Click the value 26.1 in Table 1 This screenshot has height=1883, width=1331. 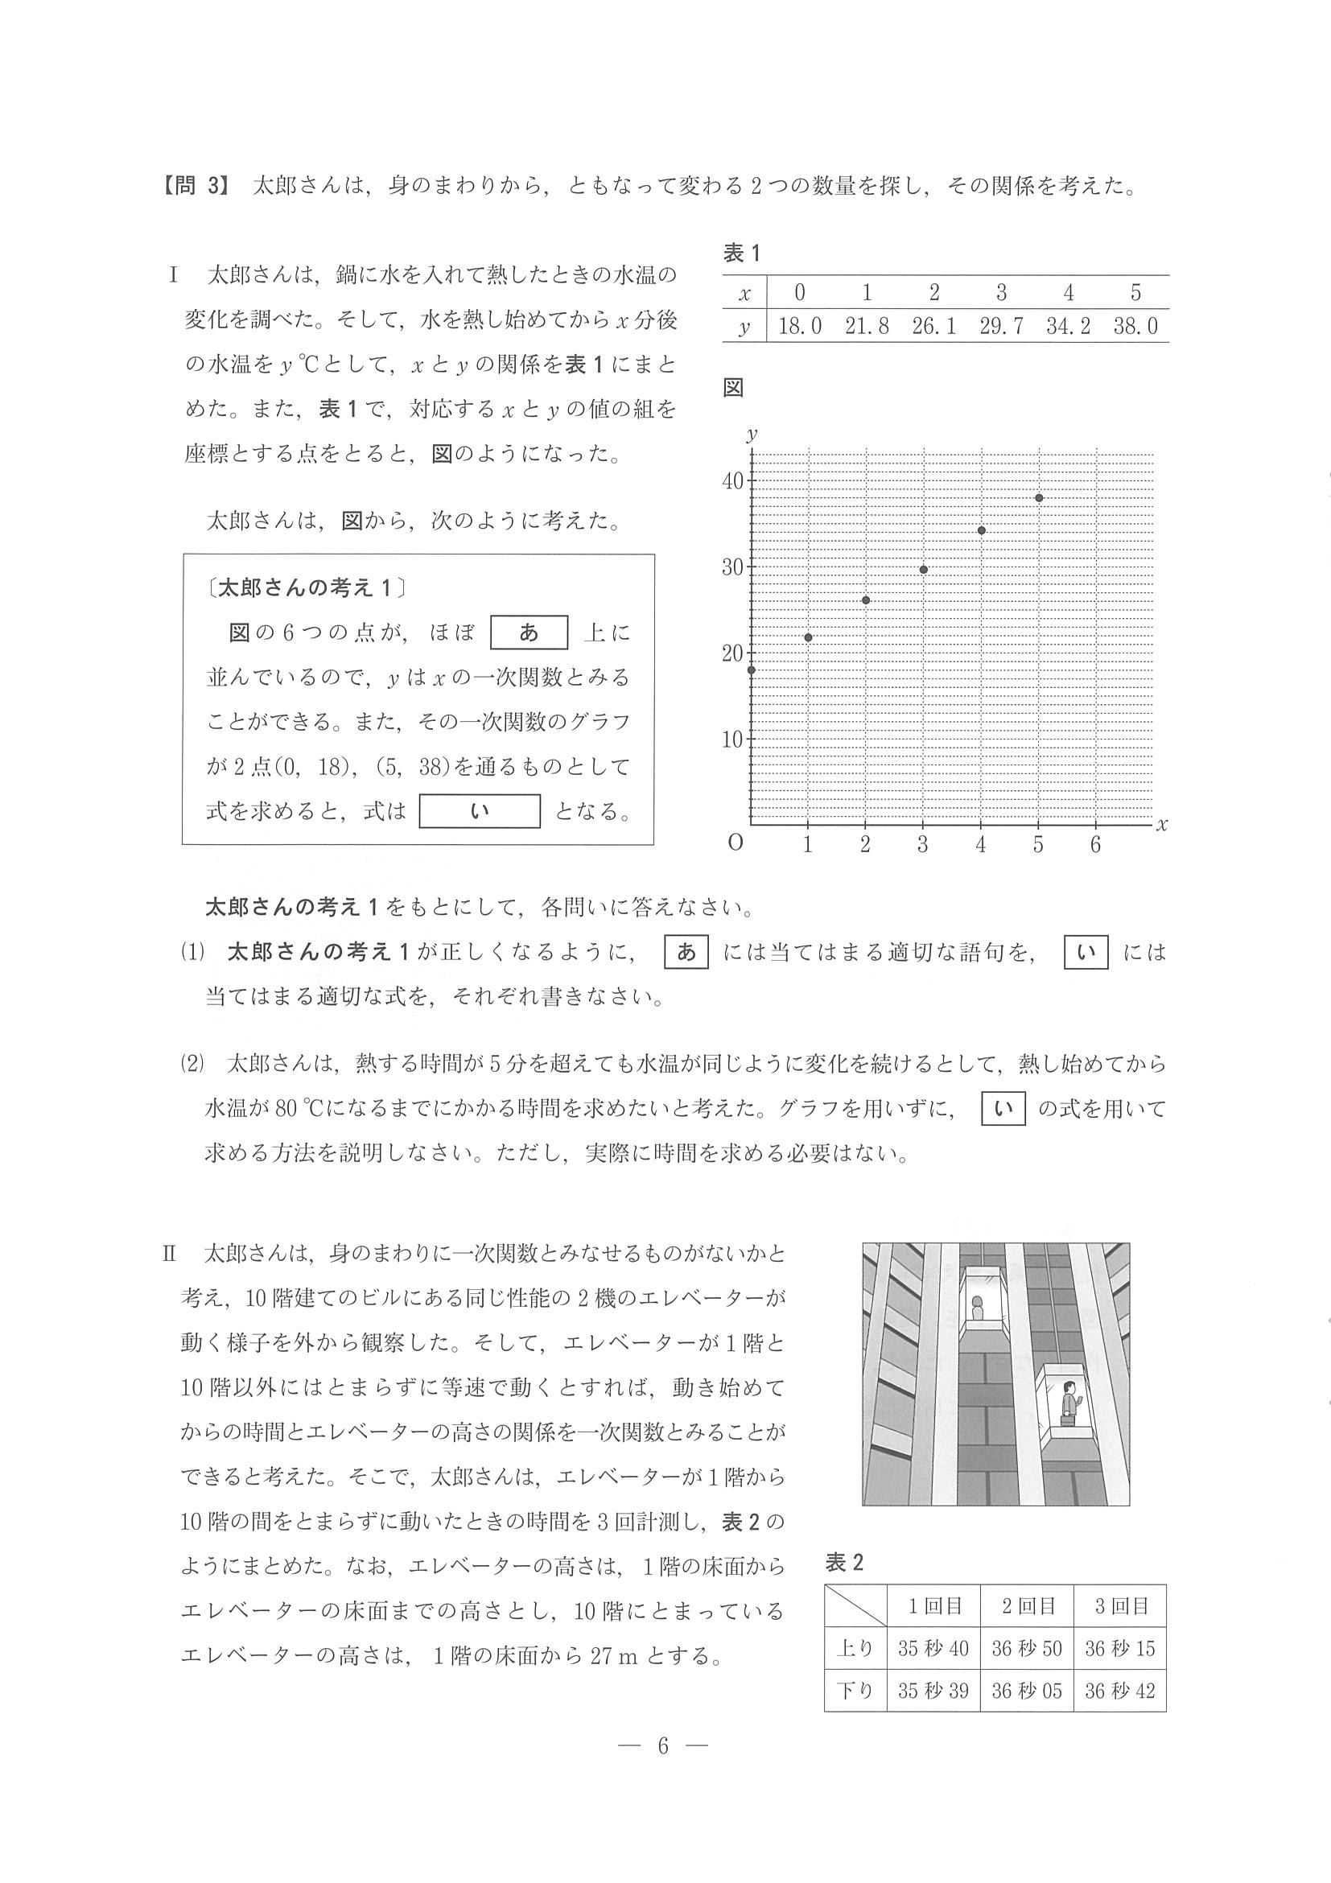933,327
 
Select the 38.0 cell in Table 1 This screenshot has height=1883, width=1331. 1135,327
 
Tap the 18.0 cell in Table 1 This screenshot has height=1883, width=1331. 800,327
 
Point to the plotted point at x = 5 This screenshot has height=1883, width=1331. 1038,498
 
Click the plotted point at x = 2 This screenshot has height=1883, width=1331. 866,600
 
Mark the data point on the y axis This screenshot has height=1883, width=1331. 751,670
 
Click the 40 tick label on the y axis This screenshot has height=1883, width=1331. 732,480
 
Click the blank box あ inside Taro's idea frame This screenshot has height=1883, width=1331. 529,632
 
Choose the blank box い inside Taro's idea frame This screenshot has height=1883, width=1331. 480,811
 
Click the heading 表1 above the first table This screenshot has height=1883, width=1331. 741,253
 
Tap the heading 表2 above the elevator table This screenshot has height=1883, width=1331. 844,1563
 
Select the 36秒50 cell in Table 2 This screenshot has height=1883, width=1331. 1027,1649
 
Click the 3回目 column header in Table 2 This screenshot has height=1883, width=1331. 1120,1606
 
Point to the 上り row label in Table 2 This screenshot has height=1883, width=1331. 855,1649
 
